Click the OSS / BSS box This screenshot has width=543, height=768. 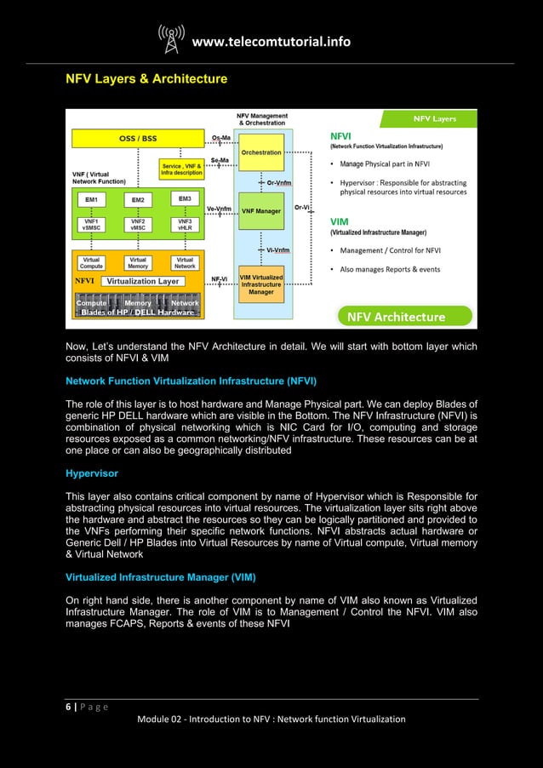tap(137, 139)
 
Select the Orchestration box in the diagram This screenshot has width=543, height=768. tap(261, 152)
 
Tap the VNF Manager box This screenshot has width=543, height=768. tap(261, 209)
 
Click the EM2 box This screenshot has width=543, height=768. tap(137, 200)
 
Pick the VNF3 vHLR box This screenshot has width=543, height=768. tap(184, 224)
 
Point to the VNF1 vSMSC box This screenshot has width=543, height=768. tap(91, 224)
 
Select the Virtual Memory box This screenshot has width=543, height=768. tap(137, 262)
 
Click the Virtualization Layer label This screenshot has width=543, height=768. tap(142, 281)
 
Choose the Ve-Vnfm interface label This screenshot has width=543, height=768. tap(219, 207)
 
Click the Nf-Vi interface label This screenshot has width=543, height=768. tap(219, 279)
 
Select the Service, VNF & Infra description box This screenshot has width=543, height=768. tap(181, 169)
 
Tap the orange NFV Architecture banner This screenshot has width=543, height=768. tap(394, 317)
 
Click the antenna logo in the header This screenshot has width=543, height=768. tap(171, 40)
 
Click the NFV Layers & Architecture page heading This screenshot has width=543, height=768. tap(146, 79)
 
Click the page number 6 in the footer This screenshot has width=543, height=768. tap(69, 706)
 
